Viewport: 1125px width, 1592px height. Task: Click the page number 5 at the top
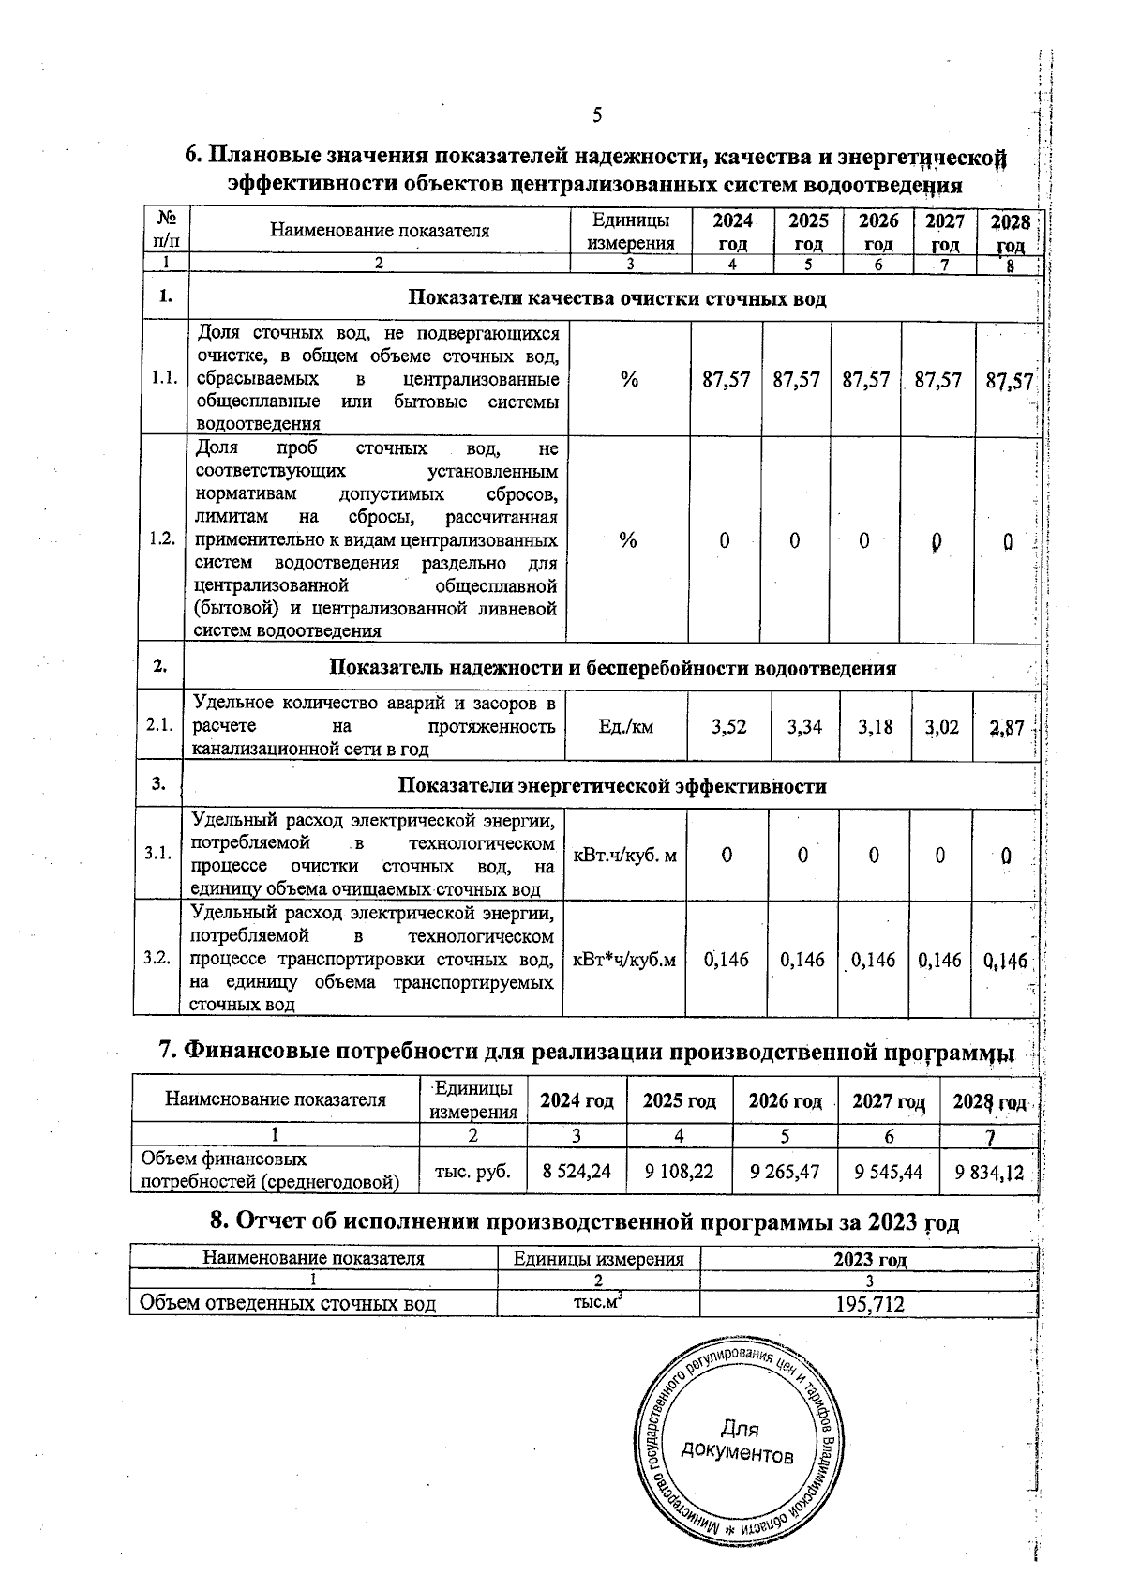(597, 115)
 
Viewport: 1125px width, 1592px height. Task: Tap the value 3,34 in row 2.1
(804, 726)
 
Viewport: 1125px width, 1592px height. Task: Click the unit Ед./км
(625, 726)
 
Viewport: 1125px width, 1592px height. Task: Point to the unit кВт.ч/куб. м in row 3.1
(624, 856)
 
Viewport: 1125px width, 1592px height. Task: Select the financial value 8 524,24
(577, 1171)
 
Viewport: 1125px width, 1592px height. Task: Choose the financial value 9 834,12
(989, 1172)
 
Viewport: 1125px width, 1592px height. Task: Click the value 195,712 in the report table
(869, 1303)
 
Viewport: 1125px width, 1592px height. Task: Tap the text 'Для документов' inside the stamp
(738, 1443)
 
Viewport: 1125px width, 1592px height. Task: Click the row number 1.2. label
(162, 539)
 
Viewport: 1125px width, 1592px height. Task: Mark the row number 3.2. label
(157, 958)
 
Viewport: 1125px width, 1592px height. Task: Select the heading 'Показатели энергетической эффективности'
(612, 786)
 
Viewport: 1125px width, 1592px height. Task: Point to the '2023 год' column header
(869, 1259)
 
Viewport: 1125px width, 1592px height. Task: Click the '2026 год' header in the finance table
(785, 1100)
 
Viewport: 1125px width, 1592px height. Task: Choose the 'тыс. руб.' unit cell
(473, 1171)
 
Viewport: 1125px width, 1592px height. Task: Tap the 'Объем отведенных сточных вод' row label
(287, 1303)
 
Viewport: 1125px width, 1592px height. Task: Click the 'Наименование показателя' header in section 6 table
(380, 231)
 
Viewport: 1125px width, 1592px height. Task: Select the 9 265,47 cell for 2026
(785, 1171)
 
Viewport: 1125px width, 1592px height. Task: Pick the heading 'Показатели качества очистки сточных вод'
(617, 299)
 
